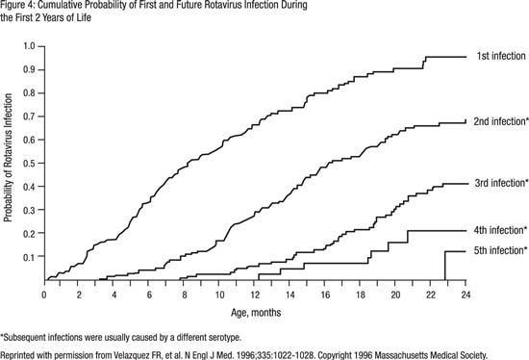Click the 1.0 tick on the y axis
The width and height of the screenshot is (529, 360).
coord(30,46)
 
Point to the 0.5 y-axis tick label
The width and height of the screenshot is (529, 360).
coord(30,164)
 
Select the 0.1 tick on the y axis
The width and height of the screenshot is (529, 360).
coord(30,257)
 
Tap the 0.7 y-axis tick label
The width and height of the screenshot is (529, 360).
coord(30,116)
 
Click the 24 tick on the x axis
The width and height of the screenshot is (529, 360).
coord(466,293)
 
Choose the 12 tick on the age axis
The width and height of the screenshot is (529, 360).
coord(254,293)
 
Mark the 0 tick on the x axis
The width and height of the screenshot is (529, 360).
coord(44,293)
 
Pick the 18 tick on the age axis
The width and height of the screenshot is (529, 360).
coord(360,293)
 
